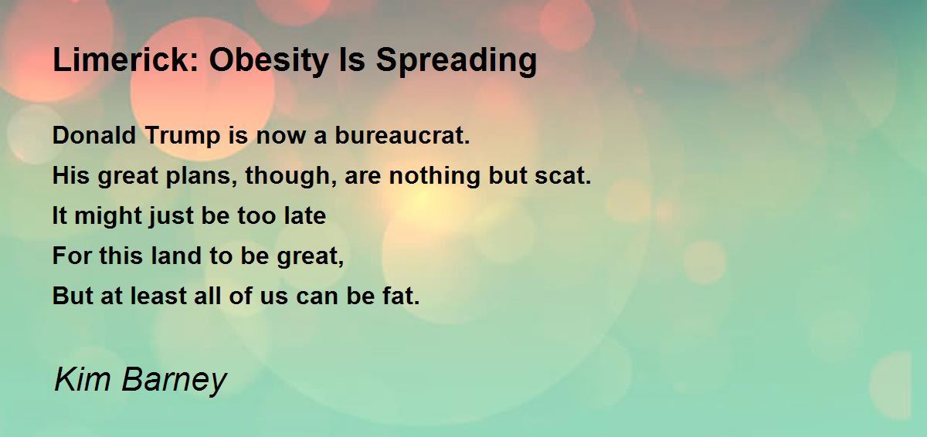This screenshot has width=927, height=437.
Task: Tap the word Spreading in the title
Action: point(456,60)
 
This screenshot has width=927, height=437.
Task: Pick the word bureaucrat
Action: point(402,136)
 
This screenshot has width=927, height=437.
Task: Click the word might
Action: point(104,216)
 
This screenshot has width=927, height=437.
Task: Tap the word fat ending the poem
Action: point(402,296)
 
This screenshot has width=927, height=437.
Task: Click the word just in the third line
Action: point(168,216)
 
